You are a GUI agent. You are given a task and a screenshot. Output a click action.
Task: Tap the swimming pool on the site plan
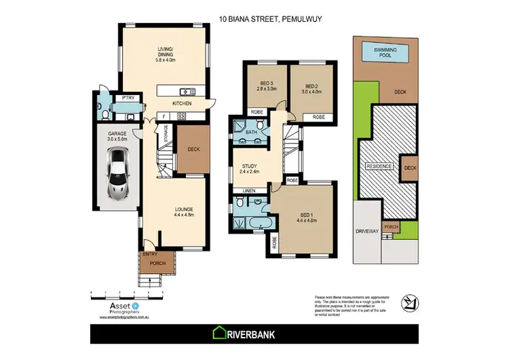point(385,52)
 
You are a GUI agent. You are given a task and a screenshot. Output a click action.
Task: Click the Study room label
point(250,168)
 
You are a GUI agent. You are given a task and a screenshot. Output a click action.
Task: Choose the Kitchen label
point(181,103)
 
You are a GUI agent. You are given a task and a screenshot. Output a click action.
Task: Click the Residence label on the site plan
point(379,166)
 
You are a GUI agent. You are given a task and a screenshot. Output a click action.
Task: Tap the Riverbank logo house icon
point(220,332)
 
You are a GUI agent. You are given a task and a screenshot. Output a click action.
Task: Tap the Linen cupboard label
point(248,191)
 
